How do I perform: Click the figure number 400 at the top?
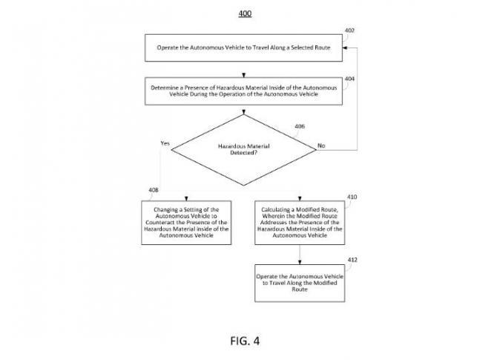pos(244,13)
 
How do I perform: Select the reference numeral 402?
pos(350,30)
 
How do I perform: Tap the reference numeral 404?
pos(350,78)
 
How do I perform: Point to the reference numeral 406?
pos(300,127)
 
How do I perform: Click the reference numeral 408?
pos(154,191)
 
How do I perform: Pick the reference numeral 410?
pos(352,197)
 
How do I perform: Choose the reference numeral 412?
pos(352,260)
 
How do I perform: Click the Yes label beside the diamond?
pos(165,143)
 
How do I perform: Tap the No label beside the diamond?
pos(321,146)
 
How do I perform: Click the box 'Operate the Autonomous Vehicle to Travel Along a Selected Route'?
pos(243,49)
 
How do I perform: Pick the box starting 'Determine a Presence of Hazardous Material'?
pos(243,91)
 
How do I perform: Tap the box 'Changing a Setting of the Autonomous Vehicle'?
pos(186,222)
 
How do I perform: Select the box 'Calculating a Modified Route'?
pos(300,222)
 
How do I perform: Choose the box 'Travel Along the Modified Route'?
pos(300,283)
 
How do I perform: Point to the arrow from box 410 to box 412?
pos(300,254)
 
